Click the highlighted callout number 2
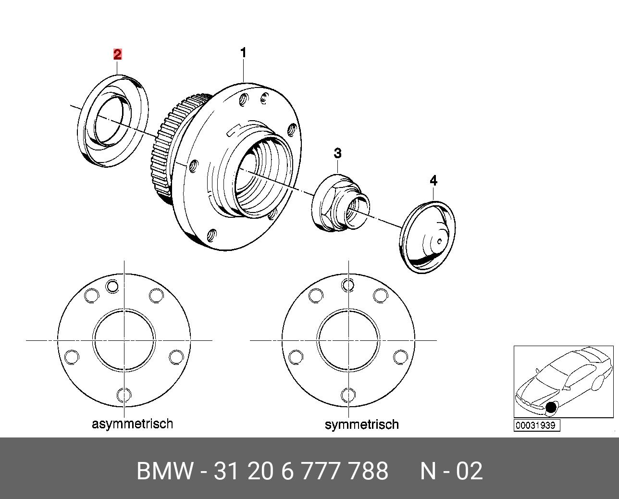click(117, 54)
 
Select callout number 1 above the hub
click(243, 53)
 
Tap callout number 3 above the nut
click(338, 153)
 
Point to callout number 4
click(433, 181)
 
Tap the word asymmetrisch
click(132, 424)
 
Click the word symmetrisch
click(361, 424)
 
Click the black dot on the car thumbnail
click(551, 408)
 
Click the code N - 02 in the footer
click(451, 471)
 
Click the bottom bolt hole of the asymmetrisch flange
click(124, 395)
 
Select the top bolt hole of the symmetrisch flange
click(348, 285)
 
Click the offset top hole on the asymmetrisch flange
click(112, 286)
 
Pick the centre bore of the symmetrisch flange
click(348, 340)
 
